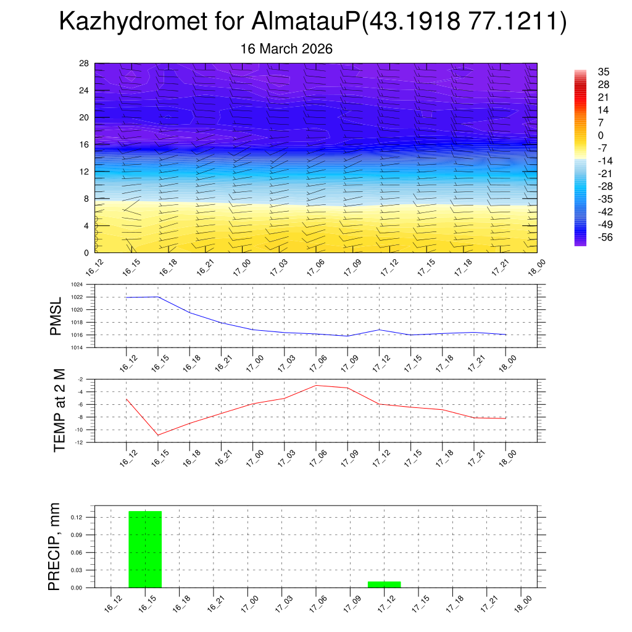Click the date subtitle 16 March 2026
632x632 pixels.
286,49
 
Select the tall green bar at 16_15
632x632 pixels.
145,549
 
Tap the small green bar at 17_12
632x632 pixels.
384,584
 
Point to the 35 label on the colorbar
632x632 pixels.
604,72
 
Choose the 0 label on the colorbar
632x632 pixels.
601,135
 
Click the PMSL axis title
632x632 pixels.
56,317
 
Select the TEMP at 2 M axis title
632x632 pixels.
59,410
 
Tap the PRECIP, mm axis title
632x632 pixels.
55,547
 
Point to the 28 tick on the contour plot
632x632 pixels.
84,64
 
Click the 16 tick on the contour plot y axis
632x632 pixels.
84,144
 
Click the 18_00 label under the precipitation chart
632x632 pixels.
522,603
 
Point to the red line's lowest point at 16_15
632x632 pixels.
158,435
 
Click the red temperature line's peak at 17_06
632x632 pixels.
316,385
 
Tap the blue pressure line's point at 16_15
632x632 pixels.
158,297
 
